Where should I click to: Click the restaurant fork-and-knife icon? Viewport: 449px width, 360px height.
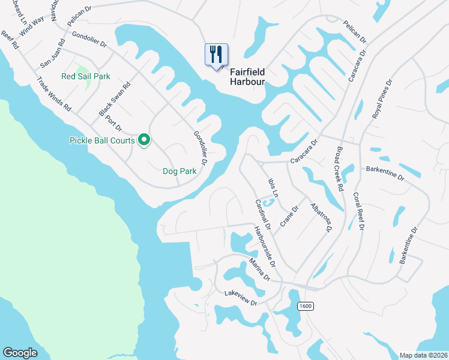pos(216,55)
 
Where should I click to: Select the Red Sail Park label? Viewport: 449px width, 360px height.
pos(86,76)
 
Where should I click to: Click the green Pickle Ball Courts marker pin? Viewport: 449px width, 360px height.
pos(144,140)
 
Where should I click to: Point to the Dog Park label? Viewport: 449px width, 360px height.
pos(180,171)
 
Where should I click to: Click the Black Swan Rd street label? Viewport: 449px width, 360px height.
pos(107,100)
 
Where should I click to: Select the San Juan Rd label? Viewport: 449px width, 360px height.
pos(52,53)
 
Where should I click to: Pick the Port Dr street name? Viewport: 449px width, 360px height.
pos(113,120)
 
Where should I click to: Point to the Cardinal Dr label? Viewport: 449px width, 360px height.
pos(263,215)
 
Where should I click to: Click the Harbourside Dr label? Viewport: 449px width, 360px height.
pos(264,247)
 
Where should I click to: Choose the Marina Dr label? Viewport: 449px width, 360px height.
pos(260,269)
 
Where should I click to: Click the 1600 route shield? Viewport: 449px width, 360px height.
pos(305,306)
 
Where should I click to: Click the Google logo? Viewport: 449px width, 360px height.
pos(20,353)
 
